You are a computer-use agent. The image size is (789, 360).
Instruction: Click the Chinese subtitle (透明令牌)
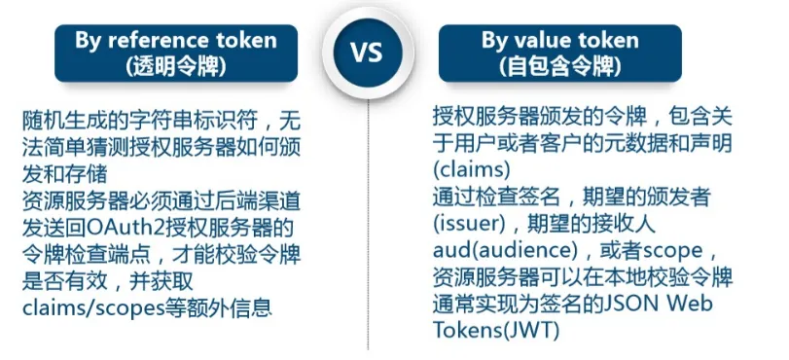176,67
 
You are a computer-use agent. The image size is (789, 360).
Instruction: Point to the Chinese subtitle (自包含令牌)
560,67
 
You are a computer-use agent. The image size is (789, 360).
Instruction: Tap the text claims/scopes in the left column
93,307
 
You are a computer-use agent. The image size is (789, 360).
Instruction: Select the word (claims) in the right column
472,170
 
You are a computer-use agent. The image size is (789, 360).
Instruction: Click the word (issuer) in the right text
469,224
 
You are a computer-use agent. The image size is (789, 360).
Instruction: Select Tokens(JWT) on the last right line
495,331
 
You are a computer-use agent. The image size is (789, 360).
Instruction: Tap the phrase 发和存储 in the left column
64,174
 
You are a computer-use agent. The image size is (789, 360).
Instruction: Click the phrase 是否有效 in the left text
64,281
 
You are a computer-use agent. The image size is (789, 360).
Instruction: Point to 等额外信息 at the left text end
219,307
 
